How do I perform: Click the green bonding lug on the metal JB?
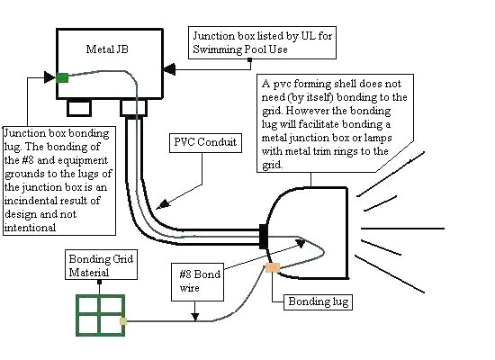coord(62,77)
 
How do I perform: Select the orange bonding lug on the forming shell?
coord(273,267)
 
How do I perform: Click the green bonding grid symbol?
coord(100,317)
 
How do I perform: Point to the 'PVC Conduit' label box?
coord(206,141)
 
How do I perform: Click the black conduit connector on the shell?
coord(264,236)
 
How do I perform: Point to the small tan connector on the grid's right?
coord(124,319)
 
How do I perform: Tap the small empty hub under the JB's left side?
coord(80,107)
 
